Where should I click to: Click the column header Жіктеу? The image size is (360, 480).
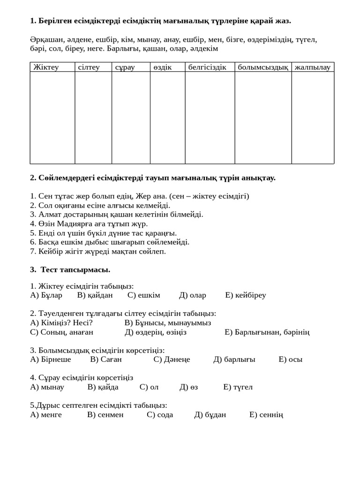[x=46, y=67]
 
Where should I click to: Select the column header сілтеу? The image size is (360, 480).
[x=89, y=67]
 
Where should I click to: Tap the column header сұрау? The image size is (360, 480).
[x=125, y=67]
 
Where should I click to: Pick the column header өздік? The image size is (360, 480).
[x=162, y=67]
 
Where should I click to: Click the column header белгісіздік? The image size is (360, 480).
[x=207, y=67]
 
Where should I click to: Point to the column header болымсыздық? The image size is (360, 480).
[x=263, y=67]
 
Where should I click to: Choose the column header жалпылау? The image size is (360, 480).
[x=313, y=67]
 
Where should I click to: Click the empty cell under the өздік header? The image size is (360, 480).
[x=167, y=117]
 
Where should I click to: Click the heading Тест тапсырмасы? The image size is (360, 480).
[x=75, y=270]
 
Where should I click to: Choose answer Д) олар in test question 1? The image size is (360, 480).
[x=193, y=295]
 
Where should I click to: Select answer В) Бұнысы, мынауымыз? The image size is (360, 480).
[x=168, y=323]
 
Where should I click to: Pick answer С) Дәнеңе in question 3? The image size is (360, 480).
[x=172, y=360]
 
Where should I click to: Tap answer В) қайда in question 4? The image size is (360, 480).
[x=103, y=387]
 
